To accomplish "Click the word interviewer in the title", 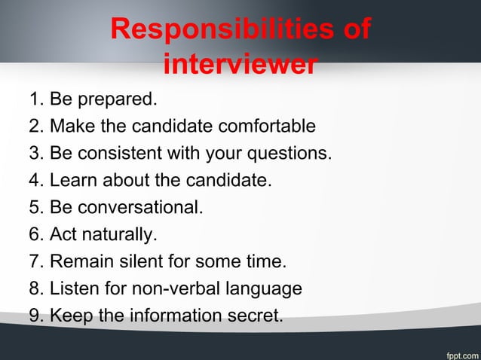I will click(240, 65).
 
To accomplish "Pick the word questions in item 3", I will click(293, 154).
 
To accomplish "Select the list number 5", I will click(35, 208).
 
